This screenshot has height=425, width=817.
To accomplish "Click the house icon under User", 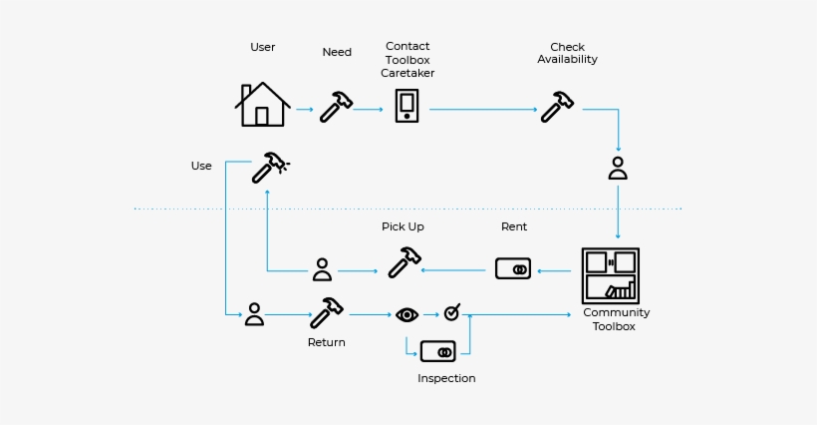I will (x=262, y=104).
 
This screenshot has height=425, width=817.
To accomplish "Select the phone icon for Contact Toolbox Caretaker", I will (x=407, y=105).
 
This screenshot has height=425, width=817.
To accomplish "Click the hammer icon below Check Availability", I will (x=557, y=106).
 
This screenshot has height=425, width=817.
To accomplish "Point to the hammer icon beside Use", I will (x=269, y=167).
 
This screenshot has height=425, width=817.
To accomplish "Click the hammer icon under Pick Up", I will (x=404, y=261).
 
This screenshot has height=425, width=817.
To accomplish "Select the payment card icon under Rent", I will (x=513, y=269).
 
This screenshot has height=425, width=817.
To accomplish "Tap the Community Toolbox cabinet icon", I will (x=610, y=275).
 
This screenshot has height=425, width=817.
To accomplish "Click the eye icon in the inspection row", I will (x=407, y=315).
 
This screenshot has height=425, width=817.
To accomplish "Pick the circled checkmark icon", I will (x=452, y=313).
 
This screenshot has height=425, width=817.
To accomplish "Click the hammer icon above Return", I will (x=326, y=312).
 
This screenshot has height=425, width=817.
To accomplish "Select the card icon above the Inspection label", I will (x=437, y=351).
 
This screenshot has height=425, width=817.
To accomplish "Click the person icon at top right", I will (x=618, y=168).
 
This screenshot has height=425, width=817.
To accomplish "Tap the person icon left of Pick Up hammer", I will (x=322, y=269).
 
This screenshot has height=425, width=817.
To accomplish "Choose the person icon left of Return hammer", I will (x=254, y=314).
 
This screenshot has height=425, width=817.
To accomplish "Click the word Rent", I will (x=514, y=226).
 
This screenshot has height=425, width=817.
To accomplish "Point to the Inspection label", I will (x=446, y=379).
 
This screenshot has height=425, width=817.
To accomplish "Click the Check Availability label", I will (x=567, y=53).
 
